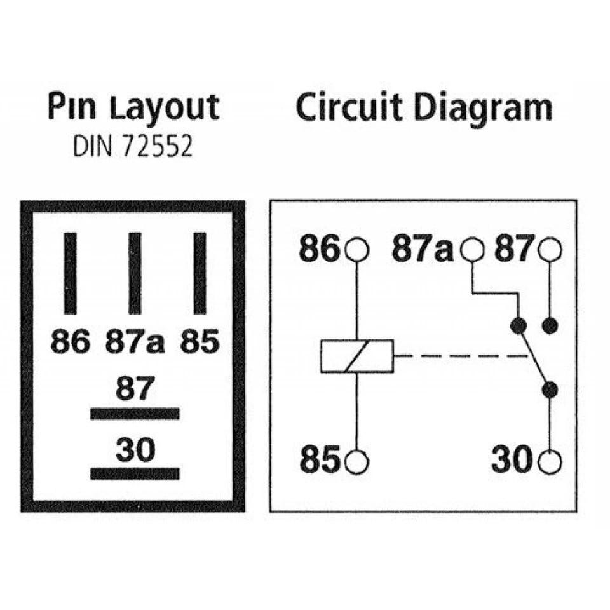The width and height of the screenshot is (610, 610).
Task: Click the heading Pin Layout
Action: click(133, 107)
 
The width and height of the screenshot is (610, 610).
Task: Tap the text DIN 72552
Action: click(133, 147)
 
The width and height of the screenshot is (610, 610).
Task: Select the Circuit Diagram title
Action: click(424, 107)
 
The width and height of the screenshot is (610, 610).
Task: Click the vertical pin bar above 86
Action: click(70, 273)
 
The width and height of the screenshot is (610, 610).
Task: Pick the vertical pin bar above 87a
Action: click(135, 273)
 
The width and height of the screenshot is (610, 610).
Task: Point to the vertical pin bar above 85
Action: click(200, 273)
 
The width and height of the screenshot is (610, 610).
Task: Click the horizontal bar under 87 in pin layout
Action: click(135, 414)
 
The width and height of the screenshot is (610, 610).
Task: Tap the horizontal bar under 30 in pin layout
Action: click(135, 474)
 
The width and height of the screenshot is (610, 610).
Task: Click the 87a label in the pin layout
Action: click(135, 341)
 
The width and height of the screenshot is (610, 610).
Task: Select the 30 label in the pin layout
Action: click(135, 449)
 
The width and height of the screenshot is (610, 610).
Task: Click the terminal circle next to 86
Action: click(356, 249)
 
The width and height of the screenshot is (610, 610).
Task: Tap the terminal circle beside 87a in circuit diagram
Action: click(472, 249)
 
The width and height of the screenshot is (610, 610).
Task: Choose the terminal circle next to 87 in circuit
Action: click(550, 249)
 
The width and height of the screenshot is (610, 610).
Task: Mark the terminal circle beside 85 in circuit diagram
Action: click(356, 462)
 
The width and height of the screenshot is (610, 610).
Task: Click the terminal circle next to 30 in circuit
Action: click(550, 462)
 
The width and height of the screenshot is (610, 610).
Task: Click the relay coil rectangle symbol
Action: click(356, 356)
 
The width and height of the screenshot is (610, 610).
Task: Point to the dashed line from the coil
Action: click(461, 356)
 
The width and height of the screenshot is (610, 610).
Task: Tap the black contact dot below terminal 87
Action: click(550, 325)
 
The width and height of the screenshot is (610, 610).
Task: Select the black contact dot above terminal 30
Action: click(550, 390)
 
